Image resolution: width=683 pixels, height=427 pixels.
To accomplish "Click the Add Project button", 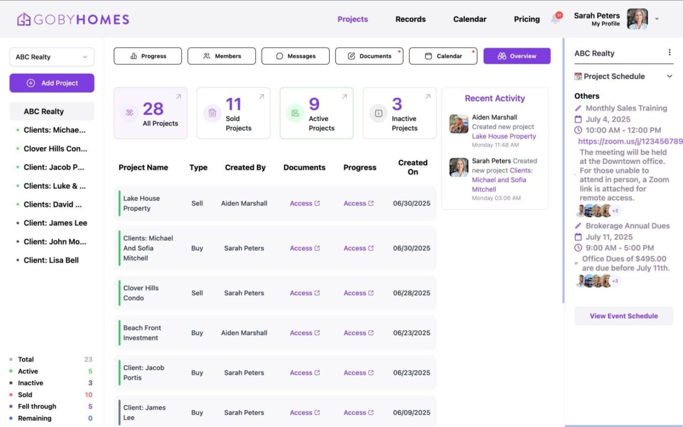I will [52, 83].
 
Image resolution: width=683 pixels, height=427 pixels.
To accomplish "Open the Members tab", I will [221, 56].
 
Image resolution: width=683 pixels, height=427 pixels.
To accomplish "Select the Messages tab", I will [295, 56].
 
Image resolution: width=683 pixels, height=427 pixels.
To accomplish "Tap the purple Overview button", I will [517, 56].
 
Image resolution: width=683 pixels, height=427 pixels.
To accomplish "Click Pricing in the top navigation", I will [527, 19].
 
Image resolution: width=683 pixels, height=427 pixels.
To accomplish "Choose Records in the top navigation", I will [410, 19].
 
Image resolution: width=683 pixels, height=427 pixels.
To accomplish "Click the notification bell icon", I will [555, 19].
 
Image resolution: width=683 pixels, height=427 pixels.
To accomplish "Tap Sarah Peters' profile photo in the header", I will [637, 19].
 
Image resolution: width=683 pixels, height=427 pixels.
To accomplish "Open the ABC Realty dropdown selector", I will [52, 57].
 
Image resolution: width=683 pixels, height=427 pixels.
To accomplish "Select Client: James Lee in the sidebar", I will [55, 223].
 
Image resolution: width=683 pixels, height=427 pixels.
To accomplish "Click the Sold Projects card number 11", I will [234, 104].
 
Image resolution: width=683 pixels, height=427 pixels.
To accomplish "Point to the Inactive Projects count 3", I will [397, 104].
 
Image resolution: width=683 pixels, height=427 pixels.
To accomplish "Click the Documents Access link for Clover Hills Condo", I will [305, 293].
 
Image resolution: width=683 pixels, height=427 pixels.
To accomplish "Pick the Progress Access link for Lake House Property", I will [359, 203].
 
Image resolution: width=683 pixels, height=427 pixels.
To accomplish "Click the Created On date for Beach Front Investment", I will [411, 333].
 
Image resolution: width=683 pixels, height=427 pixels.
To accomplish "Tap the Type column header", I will [198, 168].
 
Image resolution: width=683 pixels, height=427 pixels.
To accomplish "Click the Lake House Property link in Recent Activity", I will [504, 136].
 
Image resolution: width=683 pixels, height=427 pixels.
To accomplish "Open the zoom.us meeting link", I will [630, 141].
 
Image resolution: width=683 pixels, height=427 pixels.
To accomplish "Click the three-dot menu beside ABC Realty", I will [670, 53].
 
